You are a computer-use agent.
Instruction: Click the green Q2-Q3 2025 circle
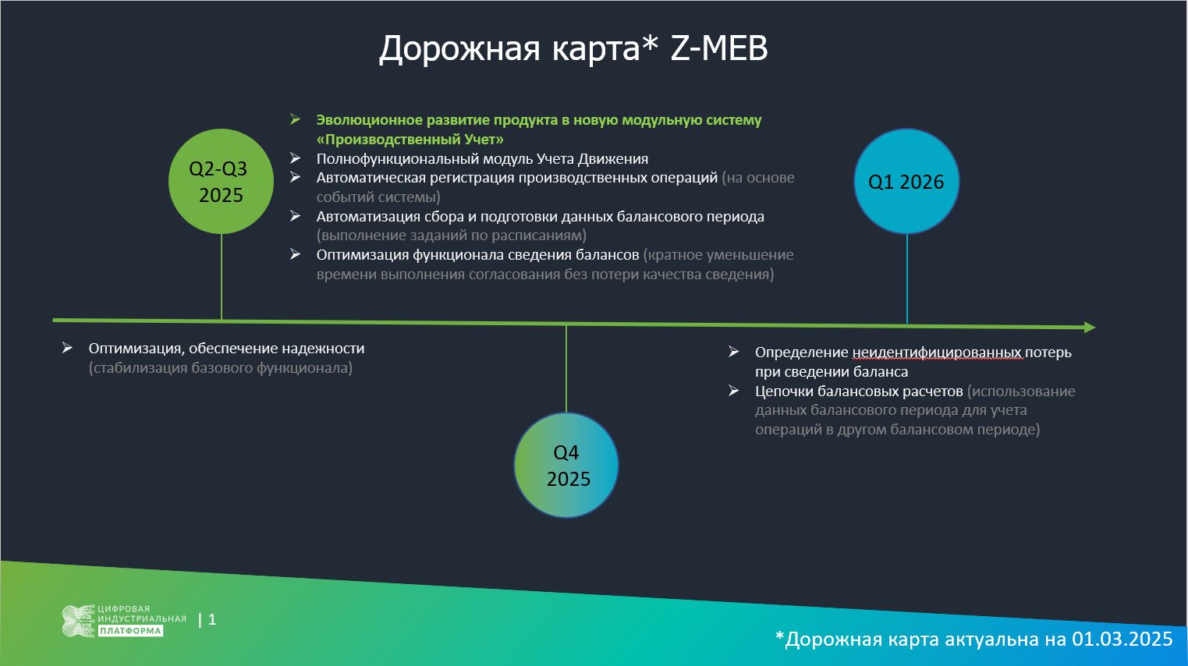(222, 182)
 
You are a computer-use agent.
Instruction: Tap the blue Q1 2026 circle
(906, 182)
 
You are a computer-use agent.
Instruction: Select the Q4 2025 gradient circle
(566, 465)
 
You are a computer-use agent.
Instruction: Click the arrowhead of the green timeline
(1090, 328)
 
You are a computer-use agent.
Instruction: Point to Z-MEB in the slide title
(719, 48)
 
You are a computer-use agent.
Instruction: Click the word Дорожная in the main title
(459, 49)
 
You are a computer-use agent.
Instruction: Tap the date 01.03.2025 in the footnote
(1122, 639)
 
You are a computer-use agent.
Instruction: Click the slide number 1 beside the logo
(212, 619)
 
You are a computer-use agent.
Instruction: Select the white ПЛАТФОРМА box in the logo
(130, 631)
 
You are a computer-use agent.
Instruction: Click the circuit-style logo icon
(79, 621)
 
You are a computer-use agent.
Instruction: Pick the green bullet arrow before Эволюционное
(296, 119)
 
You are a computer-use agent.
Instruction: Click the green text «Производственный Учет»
(410, 140)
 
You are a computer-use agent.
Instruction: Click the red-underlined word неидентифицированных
(937, 352)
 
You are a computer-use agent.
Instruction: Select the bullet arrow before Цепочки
(733, 391)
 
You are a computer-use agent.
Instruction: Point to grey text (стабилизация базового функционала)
(221, 368)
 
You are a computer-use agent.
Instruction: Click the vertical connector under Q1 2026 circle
(907, 279)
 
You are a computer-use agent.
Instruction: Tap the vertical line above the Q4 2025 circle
(566, 369)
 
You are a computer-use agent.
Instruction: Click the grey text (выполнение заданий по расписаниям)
(452, 236)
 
